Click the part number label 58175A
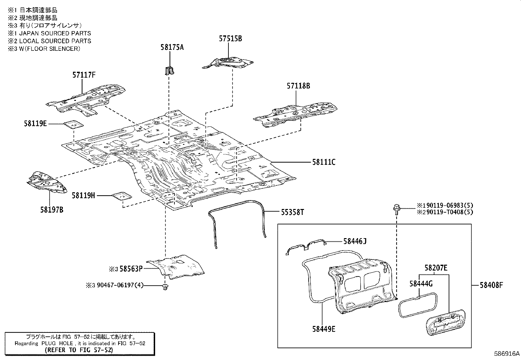click(172, 47)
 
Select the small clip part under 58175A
click(170, 70)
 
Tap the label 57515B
click(230, 39)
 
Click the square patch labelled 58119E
click(73, 125)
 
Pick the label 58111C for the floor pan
click(323, 162)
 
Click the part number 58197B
click(52, 210)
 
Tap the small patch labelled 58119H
click(122, 196)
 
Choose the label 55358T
click(292, 212)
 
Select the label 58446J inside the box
click(355, 241)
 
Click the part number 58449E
click(324, 329)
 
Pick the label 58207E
click(436, 268)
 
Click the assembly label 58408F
click(491, 285)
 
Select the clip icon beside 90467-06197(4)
click(165, 287)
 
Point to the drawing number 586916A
click(507, 354)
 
